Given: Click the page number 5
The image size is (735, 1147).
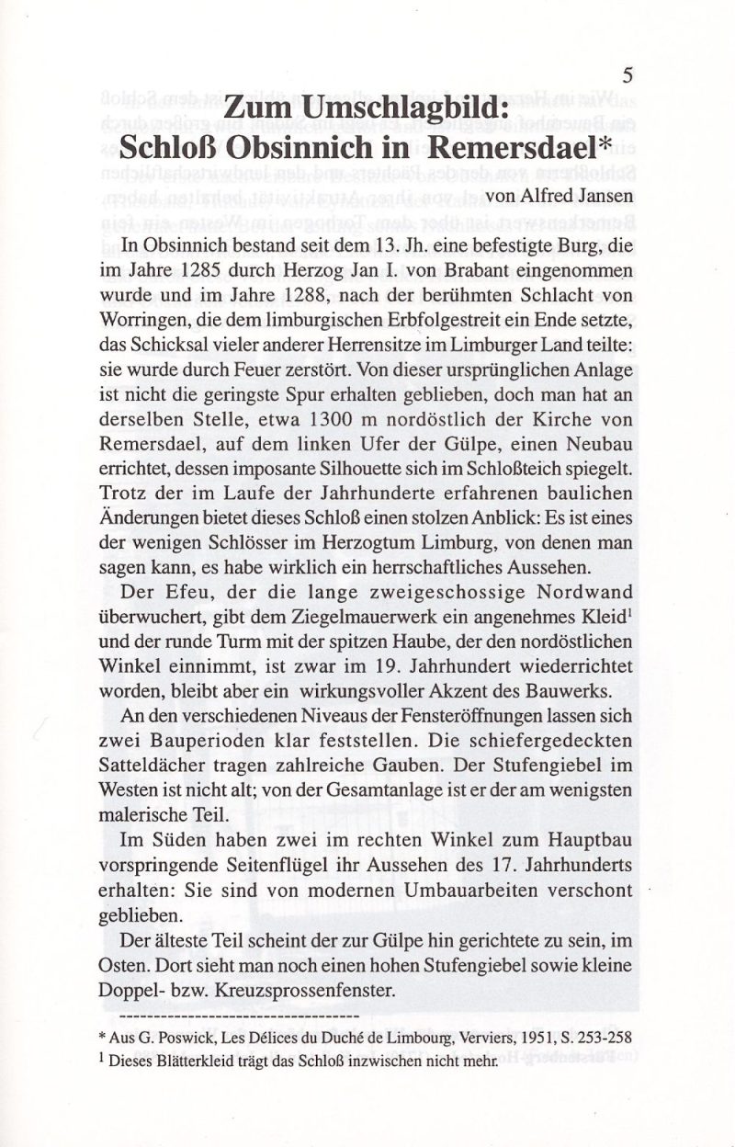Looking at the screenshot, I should pyautogui.click(x=628, y=74).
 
